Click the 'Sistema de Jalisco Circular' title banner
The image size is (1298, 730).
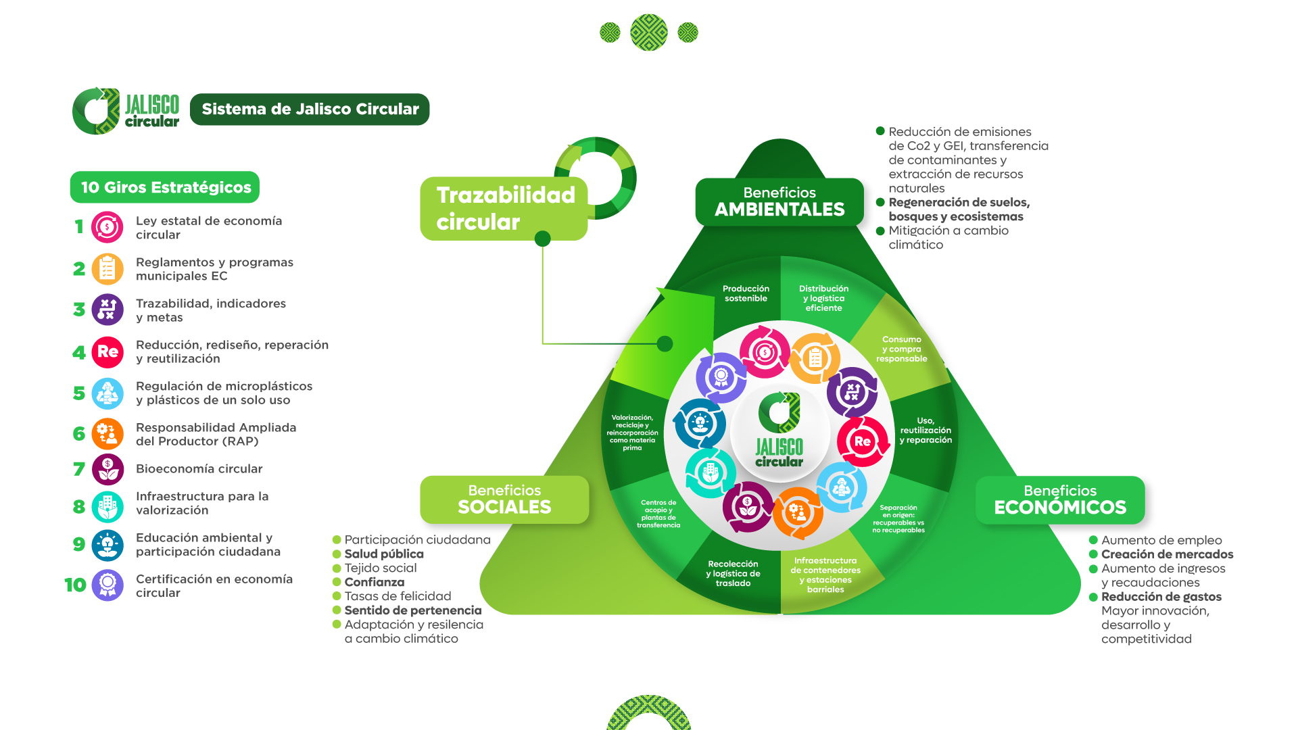310,109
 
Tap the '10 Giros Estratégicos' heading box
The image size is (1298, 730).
165,187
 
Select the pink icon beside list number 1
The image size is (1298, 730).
107,227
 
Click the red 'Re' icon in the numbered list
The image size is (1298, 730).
107,352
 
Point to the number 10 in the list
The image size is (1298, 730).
75,585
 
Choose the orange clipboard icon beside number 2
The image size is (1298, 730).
107,269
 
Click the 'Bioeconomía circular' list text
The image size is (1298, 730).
199,469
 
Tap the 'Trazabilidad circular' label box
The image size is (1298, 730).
504,208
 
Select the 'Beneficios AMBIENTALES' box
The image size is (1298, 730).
779,201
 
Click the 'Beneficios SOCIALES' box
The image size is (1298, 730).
504,500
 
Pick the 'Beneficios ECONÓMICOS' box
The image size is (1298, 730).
1060,500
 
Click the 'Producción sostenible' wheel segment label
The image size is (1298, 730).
746,293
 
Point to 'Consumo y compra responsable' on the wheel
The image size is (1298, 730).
902,349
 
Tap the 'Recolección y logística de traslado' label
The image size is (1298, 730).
733,573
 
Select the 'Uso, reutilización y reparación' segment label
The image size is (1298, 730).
926,430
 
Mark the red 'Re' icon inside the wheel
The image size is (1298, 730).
863,441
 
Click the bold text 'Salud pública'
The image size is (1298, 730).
384,554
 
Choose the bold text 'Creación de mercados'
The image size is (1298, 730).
1167,554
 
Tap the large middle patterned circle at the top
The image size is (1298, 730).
649,32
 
